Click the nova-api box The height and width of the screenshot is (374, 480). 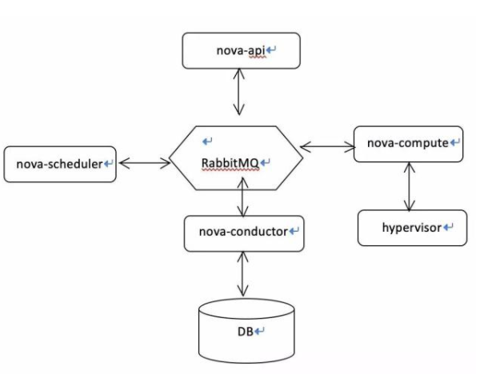[240, 50]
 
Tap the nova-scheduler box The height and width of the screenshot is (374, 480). [60, 164]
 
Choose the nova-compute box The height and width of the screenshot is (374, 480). [408, 144]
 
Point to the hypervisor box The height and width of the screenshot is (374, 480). [411, 228]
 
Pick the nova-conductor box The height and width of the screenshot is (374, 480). [242, 232]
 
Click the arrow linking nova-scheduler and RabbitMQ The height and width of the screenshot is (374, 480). [144, 163]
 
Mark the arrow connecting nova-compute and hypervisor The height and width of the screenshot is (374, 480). [410, 187]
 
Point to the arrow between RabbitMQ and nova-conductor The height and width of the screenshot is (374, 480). [242, 199]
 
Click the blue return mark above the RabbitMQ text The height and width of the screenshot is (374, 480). [207, 141]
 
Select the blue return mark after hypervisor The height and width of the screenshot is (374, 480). [448, 228]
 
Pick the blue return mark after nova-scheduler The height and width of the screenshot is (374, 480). [108, 164]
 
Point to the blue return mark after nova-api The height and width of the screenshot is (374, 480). [271, 50]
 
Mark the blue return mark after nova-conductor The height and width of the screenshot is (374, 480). [294, 232]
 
